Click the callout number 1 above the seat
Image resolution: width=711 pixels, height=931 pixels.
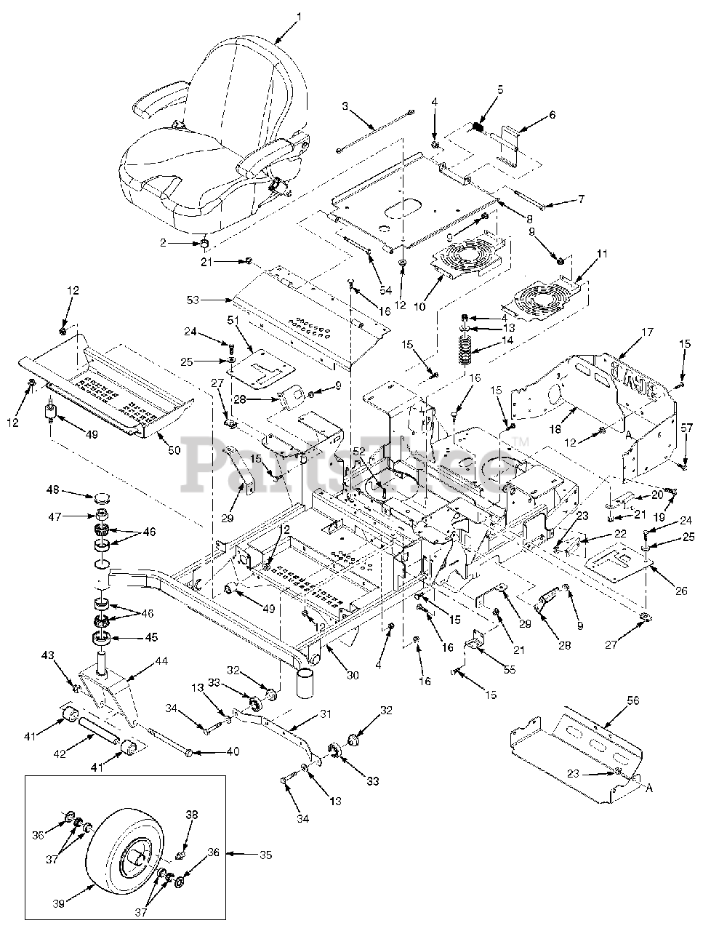[300, 15]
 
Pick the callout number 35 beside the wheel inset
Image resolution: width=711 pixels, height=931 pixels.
[265, 855]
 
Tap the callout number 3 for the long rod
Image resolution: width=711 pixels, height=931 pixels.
[345, 105]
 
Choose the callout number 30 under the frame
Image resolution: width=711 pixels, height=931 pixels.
[353, 676]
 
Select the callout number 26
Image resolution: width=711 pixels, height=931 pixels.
[680, 591]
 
